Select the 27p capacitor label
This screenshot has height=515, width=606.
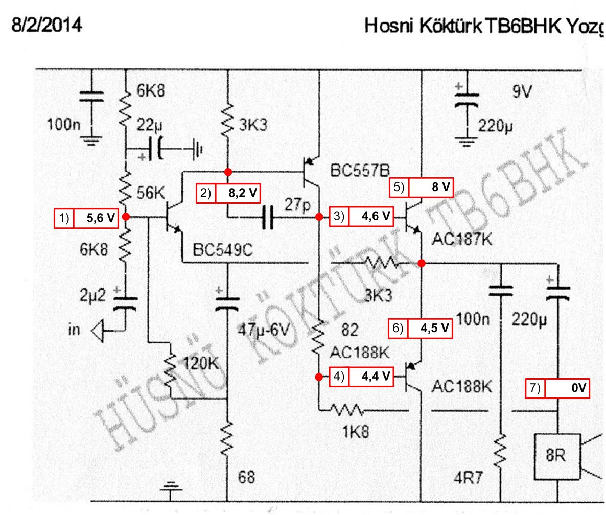click(298, 205)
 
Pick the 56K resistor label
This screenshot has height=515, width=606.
click(151, 194)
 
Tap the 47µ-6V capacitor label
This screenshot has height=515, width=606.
click(264, 331)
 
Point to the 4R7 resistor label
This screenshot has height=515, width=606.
click(468, 478)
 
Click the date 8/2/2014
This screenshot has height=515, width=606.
click(47, 24)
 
